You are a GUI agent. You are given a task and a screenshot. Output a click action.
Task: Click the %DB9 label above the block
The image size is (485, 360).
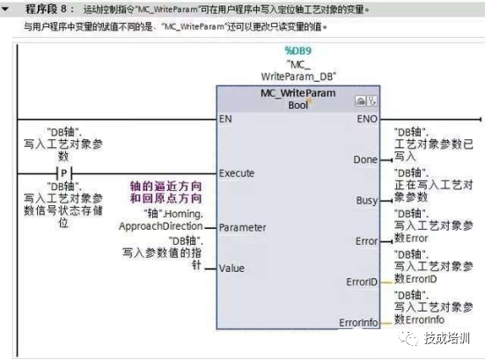(x=298, y=51)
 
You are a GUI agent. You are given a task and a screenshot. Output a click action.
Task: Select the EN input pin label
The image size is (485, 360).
(x=226, y=118)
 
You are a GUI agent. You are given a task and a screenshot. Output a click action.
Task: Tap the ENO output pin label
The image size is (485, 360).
(x=369, y=118)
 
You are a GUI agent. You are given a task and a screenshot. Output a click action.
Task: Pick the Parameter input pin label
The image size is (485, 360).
(x=243, y=227)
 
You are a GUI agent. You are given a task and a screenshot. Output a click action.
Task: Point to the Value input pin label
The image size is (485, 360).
(x=231, y=268)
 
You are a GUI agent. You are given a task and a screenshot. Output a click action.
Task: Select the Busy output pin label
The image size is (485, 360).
(x=367, y=200)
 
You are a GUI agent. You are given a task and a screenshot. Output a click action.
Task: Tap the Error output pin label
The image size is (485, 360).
(x=366, y=240)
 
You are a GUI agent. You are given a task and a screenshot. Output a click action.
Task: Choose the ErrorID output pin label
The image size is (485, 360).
(x=362, y=282)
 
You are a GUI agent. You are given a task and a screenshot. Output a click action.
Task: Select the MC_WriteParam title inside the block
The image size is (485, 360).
(x=298, y=93)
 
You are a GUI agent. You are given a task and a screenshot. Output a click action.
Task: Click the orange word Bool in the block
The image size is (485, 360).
(x=299, y=105)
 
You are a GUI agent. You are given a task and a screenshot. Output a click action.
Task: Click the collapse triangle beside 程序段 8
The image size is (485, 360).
(x=6, y=10)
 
